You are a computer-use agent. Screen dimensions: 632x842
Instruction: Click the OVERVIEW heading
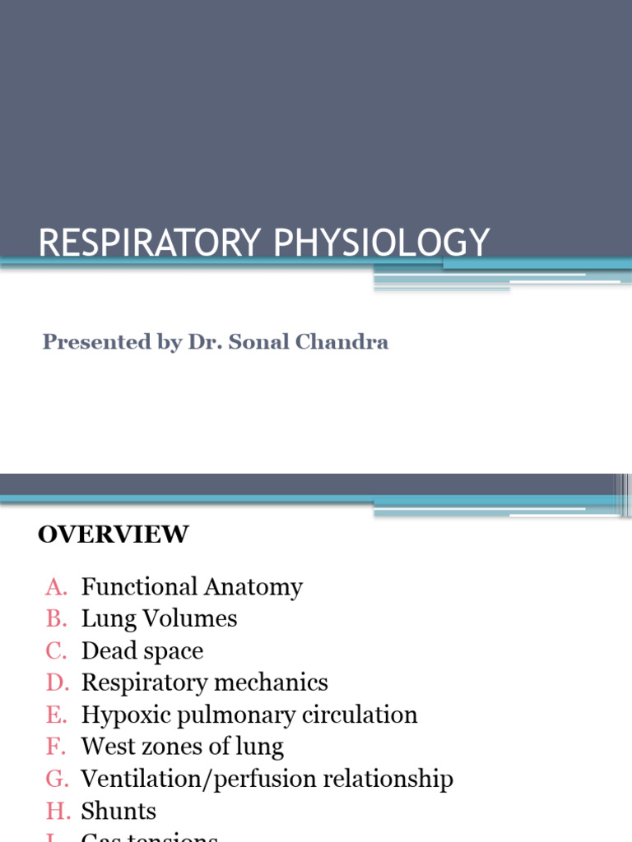[114, 534]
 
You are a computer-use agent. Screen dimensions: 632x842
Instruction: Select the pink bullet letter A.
[55, 587]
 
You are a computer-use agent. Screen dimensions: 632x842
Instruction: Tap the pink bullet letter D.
[56, 682]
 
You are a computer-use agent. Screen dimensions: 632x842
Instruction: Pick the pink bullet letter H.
[56, 811]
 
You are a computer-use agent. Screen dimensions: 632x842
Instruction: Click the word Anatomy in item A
[256, 587]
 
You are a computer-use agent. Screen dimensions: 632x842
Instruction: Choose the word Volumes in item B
[197, 618]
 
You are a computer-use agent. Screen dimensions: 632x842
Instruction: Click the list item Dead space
[142, 651]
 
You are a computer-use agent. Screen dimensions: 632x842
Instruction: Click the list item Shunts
[118, 811]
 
